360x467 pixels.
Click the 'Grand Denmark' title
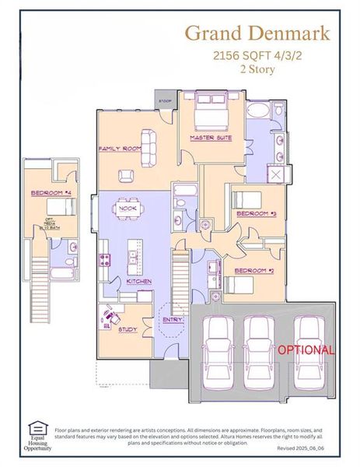[x=257, y=33]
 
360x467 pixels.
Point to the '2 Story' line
[x=257, y=68]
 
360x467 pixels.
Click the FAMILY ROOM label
[x=118, y=148]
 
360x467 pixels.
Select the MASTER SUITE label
[x=211, y=138]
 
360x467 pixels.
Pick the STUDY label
[x=128, y=329]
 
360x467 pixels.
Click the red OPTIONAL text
[x=306, y=350]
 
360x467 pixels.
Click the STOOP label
[x=165, y=101]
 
